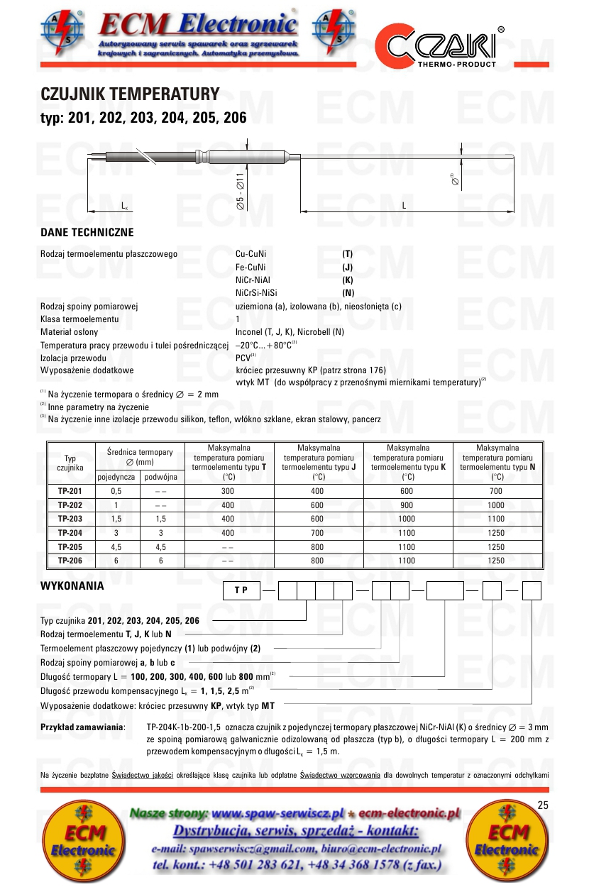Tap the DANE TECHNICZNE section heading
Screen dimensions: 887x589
tap(87, 233)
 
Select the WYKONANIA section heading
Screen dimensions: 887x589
tap(72, 586)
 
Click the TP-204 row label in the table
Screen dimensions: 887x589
tap(70, 532)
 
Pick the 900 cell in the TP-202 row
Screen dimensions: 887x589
tap(407, 505)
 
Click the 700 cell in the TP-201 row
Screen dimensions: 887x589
tap(497, 491)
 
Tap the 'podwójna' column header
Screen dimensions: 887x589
tap(162, 478)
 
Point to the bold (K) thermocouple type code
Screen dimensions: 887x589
tap(348, 280)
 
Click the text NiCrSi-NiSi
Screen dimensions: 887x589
tap(256, 293)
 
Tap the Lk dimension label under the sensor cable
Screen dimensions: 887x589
tap(124, 206)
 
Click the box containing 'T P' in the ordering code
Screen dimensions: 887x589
tap(241, 590)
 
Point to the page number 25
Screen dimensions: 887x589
tap(544, 805)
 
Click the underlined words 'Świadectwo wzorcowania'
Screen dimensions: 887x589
tap(341, 774)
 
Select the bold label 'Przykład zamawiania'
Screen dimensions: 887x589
tap(82, 728)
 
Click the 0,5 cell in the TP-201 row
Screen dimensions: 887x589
tap(117, 491)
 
